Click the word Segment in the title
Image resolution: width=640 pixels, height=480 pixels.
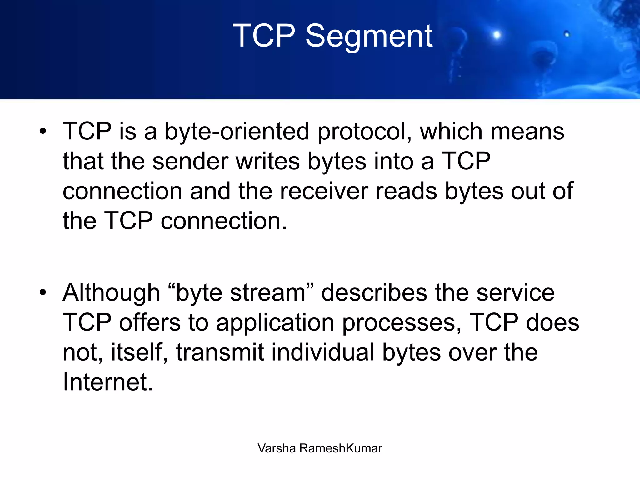369,37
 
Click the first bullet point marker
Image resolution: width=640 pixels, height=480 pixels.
43,131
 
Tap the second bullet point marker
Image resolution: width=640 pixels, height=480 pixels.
43,293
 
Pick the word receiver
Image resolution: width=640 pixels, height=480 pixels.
324,191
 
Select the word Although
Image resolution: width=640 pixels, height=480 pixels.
111,293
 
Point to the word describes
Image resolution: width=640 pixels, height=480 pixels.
374,293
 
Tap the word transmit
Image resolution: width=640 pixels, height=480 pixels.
220,352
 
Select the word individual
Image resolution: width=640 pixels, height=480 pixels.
323,352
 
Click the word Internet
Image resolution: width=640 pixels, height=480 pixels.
108,382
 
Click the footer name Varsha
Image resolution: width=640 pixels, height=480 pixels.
277,448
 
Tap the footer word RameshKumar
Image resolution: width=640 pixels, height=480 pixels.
341,448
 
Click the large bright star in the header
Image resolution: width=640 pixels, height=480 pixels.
497,35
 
